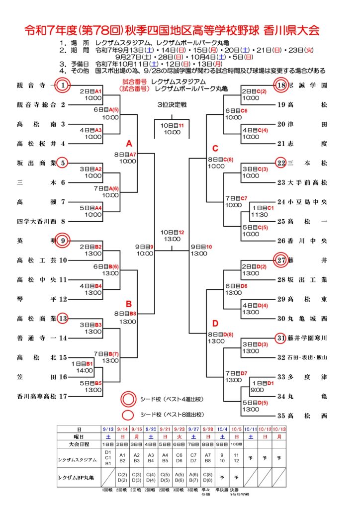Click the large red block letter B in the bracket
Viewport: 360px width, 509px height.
(x=128, y=304)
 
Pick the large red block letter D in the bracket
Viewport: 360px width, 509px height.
(x=215, y=324)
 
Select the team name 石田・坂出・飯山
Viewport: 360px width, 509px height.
(x=307, y=357)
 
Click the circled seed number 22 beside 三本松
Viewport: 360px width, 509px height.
(x=281, y=163)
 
